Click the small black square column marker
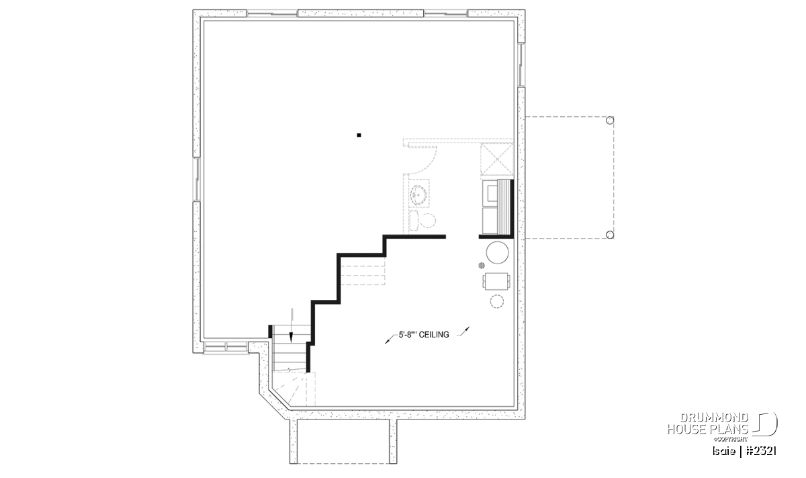click(359, 135)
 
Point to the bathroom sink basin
click(418, 195)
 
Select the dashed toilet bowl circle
click(429, 221)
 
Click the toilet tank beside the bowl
click(414, 221)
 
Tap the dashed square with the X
click(497, 159)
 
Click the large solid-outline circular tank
click(497, 253)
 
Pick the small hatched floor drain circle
click(482, 266)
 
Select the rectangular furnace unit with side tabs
click(496, 281)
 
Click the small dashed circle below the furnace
click(497, 301)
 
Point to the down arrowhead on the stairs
click(291, 337)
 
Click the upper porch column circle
click(610, 120)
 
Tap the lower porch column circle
click(610, 235)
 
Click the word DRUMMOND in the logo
click(714, 417)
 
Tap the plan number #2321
click(761, 451)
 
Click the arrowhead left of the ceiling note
click(388, 342)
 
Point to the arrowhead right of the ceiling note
click(467, 329)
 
